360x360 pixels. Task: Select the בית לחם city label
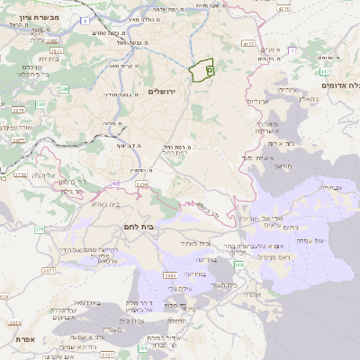(x=161, y=227)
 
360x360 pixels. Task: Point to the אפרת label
(x=24, y=339)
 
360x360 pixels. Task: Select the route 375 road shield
(x=39, y=229)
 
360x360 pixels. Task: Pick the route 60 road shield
(x=115, y=184)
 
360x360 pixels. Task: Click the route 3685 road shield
(x=168, y=274)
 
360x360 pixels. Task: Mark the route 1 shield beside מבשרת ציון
(x=85, y=18)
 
